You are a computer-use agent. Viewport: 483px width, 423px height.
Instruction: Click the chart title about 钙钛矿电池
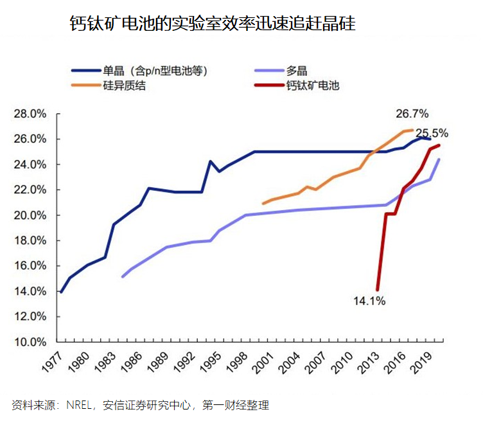pyautogui.click(x=212, y=24)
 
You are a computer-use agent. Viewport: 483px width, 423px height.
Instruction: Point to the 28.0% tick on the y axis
pyautogui.click(x=31, y=114)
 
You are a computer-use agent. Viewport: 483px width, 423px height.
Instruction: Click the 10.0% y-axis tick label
pyautogui.click(x=31, y=342)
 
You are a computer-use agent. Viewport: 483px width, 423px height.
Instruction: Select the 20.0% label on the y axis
pyautogui.click(x=31, y=215)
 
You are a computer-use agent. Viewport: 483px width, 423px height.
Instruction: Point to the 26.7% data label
pyautogui.click(x=412, y=114)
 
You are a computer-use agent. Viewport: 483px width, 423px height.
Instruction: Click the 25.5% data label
pyautogui.click(x=432, y=134)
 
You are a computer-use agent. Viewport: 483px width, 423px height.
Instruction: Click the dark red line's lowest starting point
pyautogui.click(x=377, y=290)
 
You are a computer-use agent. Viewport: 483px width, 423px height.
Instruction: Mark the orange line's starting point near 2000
pyautogui.click(x=263, y=204)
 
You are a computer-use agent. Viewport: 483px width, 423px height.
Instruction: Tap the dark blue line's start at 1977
pyautogui.click(x=61, y=292)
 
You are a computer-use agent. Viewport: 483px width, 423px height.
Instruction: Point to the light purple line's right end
pyautogui.click(x=439, y=159)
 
